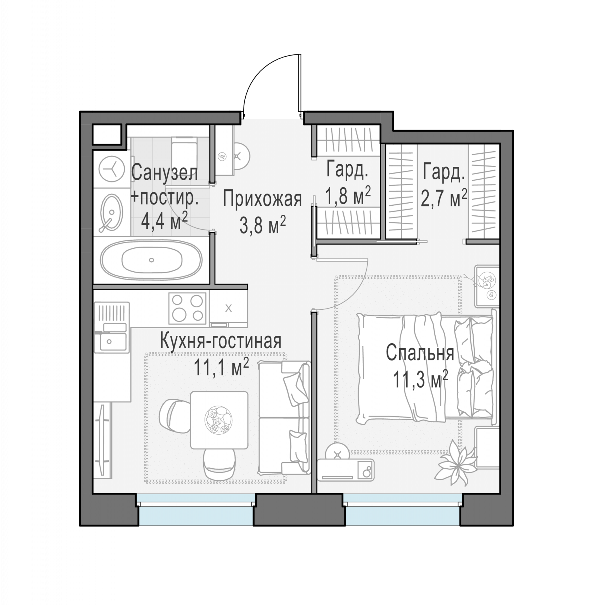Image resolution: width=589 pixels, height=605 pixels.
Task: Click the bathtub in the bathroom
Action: click(x=151, y=260)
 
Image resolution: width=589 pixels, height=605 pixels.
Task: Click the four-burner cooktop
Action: click(x=188, y=308)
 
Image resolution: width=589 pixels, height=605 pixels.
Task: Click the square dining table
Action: click(x=219, y=420)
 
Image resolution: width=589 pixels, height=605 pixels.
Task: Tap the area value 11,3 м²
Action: click(x=420, y=380)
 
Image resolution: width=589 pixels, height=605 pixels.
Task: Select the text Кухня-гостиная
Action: click(x=221, y=341)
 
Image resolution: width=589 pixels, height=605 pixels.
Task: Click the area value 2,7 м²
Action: click(x=444, y=198)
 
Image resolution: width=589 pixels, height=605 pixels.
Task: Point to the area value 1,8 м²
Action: click(x=348, y=195)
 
